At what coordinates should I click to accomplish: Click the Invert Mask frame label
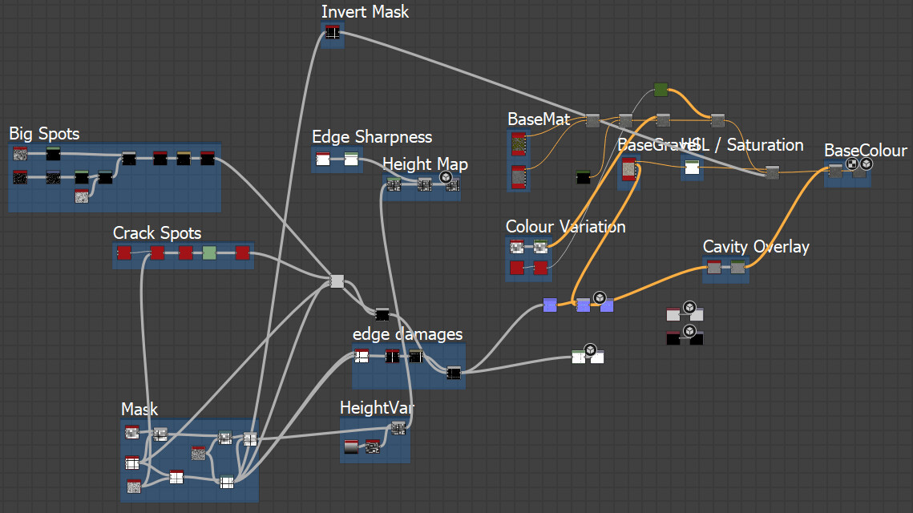pos(365,12)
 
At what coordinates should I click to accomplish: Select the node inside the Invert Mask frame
pos(333,33)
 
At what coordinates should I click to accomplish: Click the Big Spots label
pos(44,133)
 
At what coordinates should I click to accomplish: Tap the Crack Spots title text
pos(157,233)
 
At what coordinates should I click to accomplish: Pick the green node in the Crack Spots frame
pos(209,253)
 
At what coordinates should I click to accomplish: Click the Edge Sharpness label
pos(372,137)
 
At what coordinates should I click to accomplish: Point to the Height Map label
pos(425,164)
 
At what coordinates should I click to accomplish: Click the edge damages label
pos(407,333)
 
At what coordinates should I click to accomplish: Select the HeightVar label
pos(377,408)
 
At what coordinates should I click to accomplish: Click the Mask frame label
pos(139,410)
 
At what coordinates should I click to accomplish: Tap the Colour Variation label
pos(565,227)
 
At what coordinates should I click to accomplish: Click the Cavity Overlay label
pos(756,247)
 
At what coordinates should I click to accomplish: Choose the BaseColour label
pos(866,151)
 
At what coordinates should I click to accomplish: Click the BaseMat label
pos(539,119)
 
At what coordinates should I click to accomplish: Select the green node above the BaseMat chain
pos(661,89)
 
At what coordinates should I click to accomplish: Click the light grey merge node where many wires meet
pos(337,281)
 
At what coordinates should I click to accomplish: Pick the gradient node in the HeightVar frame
pos(351,446)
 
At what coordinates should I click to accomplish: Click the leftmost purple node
pos(550,305)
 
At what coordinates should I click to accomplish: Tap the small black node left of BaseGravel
pos(584,176)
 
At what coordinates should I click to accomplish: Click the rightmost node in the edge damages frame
pos(454,373)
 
